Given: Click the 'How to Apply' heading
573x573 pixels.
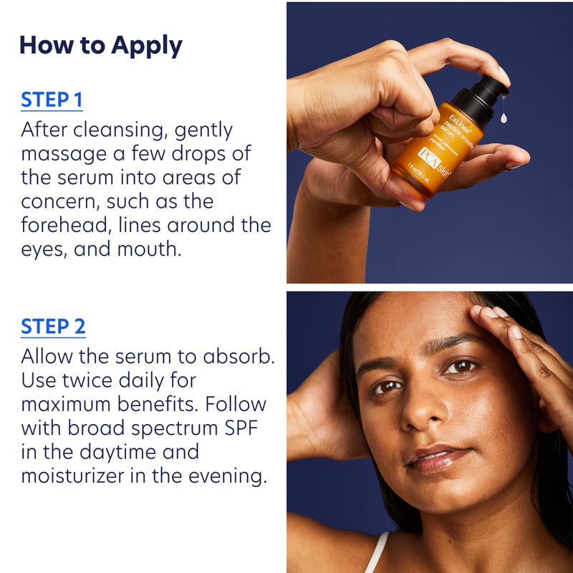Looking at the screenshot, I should point(100,44).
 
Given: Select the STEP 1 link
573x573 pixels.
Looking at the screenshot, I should point(52,100).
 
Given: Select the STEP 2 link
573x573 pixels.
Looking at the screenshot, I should point(53,326).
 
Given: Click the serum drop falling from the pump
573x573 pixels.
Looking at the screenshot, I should point(504,117).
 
